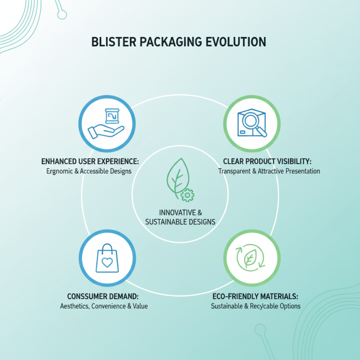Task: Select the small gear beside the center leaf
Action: pyautogui.click(x=187, y=195)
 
